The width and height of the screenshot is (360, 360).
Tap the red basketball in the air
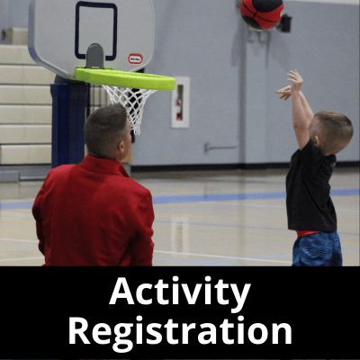tap(261, 13)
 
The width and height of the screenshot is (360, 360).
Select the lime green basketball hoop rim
tap(126, 78)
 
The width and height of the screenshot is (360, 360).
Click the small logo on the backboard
tap(135, 58)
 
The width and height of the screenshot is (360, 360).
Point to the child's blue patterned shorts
tap(318, 250)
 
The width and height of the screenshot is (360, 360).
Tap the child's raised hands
tap(290, 85)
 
